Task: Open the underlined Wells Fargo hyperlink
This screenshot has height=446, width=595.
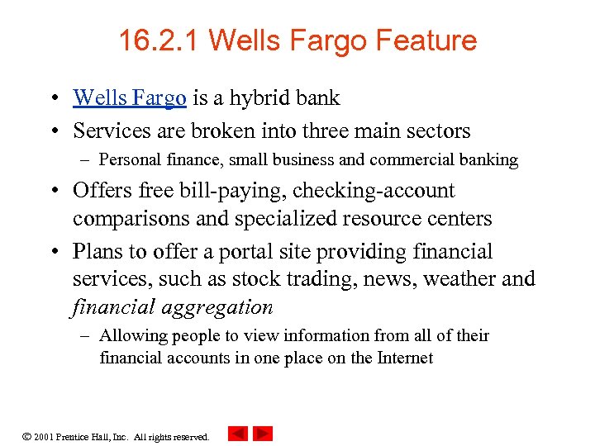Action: (x=129, y=98)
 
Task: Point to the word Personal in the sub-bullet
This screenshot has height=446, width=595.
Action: (x=131, y=160)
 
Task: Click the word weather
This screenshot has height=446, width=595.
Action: (x=460, y=279)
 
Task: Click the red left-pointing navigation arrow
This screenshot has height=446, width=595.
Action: (x=237, y=434)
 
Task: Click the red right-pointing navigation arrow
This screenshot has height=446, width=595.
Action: (x=263, y=434)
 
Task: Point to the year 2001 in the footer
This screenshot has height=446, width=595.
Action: (x=45, y=436)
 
